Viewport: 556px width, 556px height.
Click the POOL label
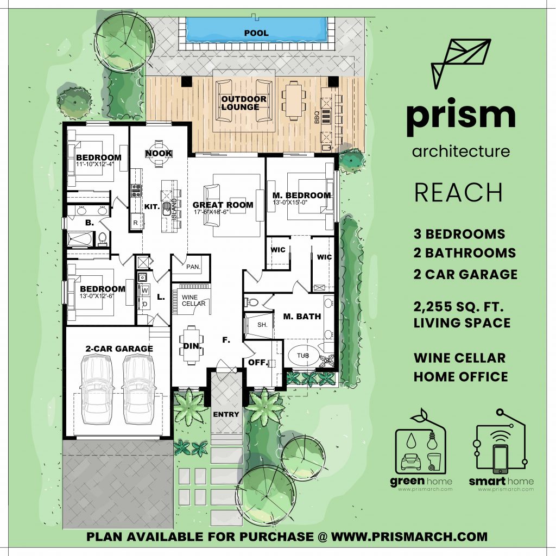[256, 33]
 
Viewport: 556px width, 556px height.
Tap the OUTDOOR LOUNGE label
[244, 103]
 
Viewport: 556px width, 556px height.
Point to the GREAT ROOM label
[223, 205]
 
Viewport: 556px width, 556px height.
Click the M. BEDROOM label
[302, 195]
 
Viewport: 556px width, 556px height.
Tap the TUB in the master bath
[300, 356]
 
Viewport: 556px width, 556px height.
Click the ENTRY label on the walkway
[226, 414]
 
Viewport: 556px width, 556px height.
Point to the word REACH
[459, 192]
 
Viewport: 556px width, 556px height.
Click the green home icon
[421, 448]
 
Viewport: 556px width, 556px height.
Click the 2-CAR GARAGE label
[119, 348]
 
